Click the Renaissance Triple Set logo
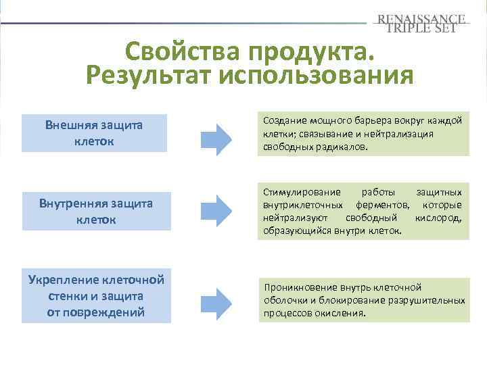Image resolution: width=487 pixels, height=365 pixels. coord(421,23)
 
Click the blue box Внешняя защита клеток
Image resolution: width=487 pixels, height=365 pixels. coord(94,133)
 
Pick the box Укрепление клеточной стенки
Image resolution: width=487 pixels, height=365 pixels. coord(96,296)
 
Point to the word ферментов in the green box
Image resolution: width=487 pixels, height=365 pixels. coord(380,205)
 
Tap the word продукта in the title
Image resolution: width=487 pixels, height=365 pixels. coord(311,52)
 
